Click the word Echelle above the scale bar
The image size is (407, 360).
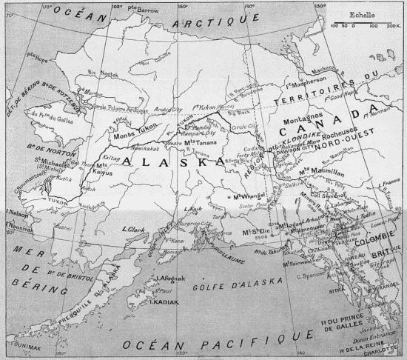(362, 13)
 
